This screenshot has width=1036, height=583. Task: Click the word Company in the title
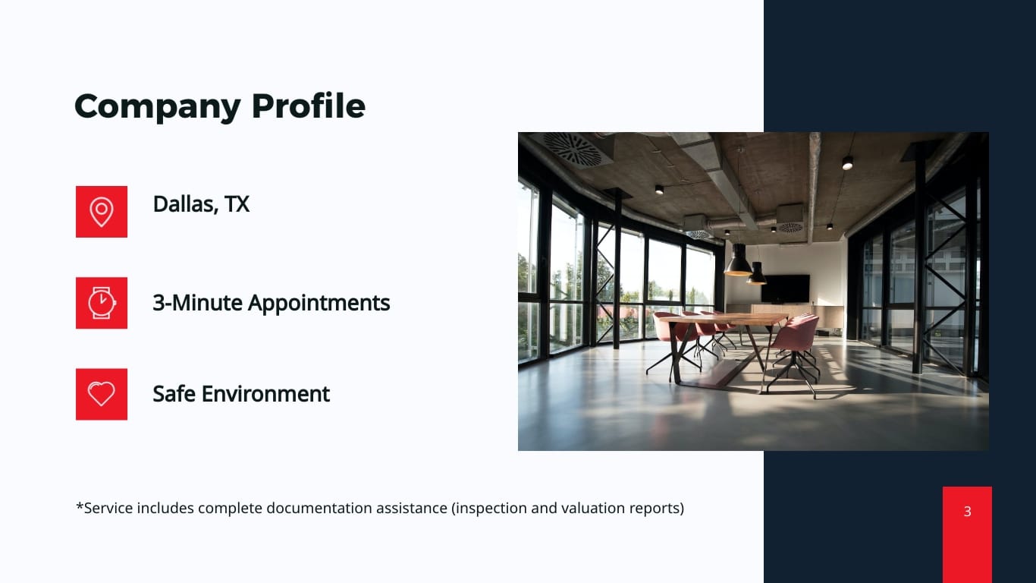pos(157,107)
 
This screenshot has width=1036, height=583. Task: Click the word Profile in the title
pos(309,106)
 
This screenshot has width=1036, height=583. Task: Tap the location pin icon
pos(102,212)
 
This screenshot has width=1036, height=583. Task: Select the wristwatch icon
pos(102,303)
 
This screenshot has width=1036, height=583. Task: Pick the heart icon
pos(102,394)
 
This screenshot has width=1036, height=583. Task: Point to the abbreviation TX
pos(237,204)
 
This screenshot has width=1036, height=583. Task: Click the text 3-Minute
pos(197,303)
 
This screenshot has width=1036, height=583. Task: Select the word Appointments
pos(319,304)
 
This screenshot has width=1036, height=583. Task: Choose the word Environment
pos(265,394)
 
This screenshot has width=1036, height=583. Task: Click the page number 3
pos(967,511)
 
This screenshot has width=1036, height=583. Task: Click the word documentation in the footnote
pos(319,508)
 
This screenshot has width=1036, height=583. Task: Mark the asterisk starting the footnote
pos(80,506)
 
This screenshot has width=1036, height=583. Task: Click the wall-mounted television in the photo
pos(785,288)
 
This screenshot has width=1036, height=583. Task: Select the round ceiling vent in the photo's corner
pos(573,149)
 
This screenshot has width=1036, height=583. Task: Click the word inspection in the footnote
pos(491,508)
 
